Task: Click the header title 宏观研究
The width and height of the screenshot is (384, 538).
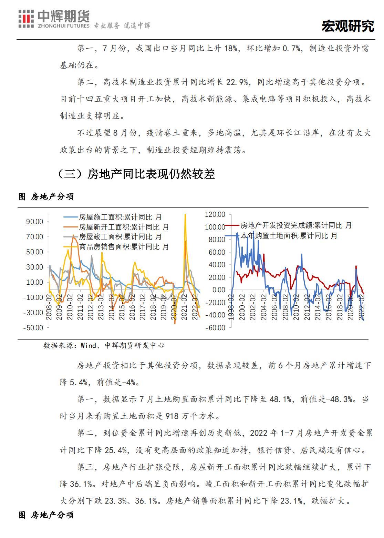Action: click(x=348, y=26)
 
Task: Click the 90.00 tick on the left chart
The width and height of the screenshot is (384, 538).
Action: click(x=34, y=222)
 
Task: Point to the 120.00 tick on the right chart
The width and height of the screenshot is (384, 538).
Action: click(x=215, y=214)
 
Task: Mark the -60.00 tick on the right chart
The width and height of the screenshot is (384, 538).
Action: click(x=215, y=328)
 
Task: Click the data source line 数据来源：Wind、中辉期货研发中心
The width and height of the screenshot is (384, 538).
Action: click(x=104, y=345)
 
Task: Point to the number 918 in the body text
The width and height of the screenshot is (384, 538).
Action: click(x=172, y=416)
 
